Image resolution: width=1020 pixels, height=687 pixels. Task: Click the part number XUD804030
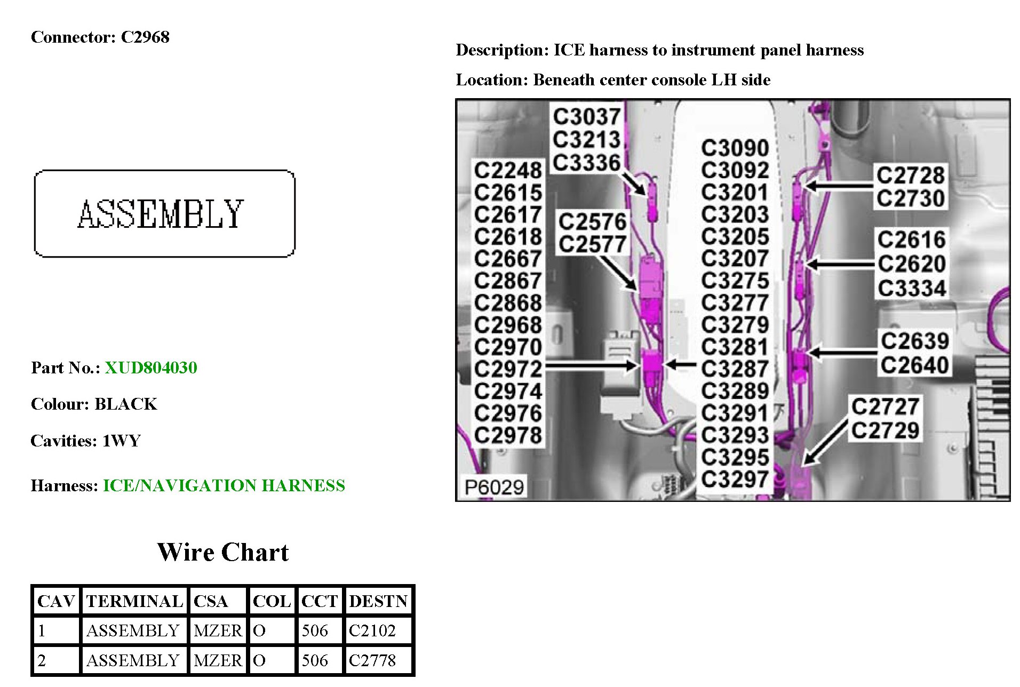(151, 368)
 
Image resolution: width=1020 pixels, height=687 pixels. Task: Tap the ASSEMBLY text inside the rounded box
(161, 214)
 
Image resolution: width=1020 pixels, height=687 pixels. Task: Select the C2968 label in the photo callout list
(508, 324)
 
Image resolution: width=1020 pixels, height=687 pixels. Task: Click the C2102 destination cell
(372, 630)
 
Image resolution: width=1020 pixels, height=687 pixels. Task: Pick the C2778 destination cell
(372, 660)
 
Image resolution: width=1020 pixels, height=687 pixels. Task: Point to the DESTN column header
(378, 601)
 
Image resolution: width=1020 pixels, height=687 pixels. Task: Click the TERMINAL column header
(134, 601)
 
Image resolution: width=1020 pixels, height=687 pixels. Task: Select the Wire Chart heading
(223, 552)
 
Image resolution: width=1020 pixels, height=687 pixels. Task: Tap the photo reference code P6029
(494, 486)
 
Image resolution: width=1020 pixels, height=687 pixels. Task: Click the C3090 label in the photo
(735, 148)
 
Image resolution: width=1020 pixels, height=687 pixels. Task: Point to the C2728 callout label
(911, 174)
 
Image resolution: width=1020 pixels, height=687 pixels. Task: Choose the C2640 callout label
(914, 365)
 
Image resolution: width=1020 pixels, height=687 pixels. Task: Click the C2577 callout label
(592, 244)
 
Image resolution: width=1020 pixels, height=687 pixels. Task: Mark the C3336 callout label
(586, 163)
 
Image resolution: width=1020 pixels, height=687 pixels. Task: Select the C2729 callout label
(885, 430)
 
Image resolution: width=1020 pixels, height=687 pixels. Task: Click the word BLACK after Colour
(126, 404)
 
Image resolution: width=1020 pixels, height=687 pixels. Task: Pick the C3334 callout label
(912, 289)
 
